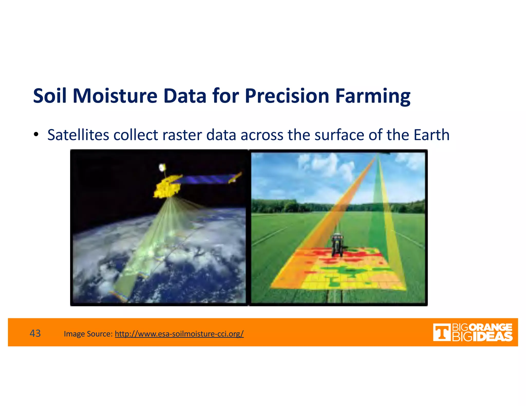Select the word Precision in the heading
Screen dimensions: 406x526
click(287, 96)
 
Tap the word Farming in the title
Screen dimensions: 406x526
click(373, 96)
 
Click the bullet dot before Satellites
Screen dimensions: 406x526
click(36, 134)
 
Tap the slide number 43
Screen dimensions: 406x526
click(35, 333)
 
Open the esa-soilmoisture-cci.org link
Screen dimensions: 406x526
click(179, 334)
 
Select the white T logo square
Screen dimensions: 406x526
click(441, 332)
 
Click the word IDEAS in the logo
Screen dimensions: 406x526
click(492, 337)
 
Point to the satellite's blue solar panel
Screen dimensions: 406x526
click(205, 179)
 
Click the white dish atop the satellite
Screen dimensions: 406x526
click(162, 168)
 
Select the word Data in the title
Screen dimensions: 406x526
click(185, 96)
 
